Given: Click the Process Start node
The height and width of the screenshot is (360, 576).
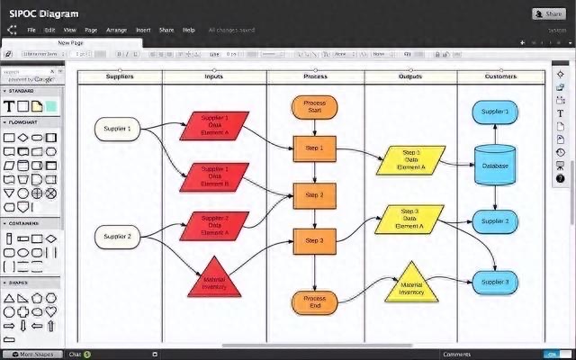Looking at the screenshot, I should click(314, 108).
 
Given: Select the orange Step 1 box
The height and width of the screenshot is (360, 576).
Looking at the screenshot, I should click(314, 148).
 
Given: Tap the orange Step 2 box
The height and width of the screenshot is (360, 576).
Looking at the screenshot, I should click(314, 194).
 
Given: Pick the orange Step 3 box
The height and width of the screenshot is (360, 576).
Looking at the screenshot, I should click(314, 240).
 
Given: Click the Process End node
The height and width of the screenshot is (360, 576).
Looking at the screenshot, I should click(314, 302).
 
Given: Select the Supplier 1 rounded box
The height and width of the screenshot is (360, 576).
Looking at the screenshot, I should click(117, 129).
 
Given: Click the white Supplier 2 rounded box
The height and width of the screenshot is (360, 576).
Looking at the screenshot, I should click(117, 237).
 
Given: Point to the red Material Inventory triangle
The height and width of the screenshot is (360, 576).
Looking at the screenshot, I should click(213, 280).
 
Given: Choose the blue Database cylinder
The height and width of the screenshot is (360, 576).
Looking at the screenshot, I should click(495, 165).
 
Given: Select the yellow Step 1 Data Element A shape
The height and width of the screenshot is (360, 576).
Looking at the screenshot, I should click(410, 159).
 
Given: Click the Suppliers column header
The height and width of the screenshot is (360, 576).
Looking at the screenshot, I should click(120, 76).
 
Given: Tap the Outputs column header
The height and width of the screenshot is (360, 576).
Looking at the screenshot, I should click(409, 76).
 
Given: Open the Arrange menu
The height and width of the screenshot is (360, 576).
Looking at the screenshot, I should click(116, 31).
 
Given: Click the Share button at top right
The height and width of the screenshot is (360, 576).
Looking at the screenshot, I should click(548, 13).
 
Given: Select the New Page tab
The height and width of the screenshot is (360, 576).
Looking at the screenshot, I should click(73, 43).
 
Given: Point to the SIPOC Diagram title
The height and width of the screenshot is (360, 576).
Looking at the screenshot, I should click(43, 13).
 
